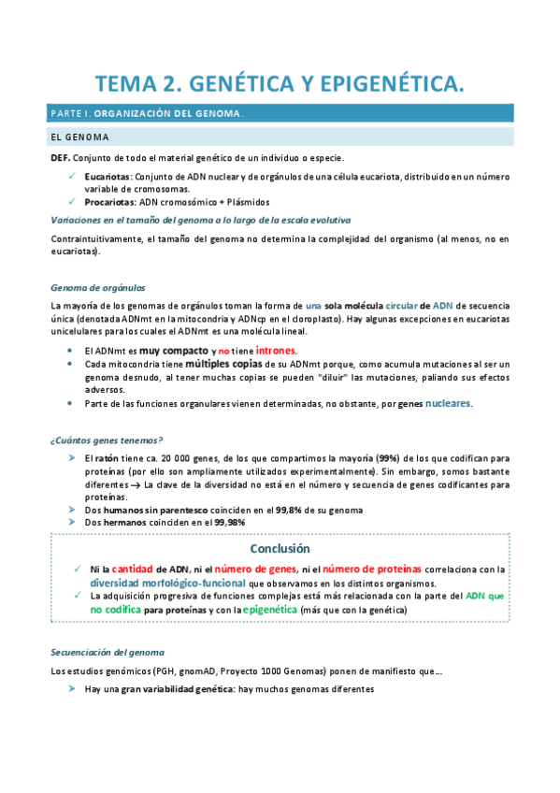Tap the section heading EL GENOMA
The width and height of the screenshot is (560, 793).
point(79,138)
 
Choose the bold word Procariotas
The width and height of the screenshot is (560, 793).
point(109,201)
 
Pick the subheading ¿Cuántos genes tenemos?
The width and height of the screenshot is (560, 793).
point(107,440)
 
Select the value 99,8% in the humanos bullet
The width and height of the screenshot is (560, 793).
point(294,511)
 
